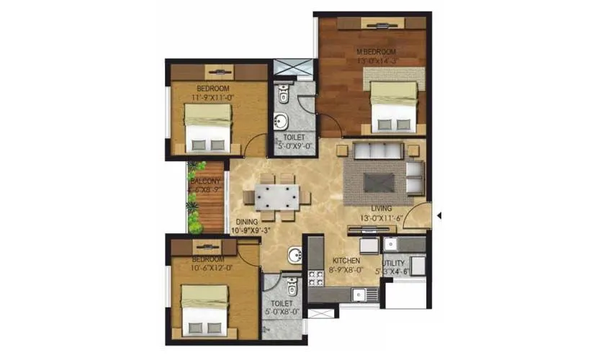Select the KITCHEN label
tap(346, 259)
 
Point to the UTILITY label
tap(395, 264)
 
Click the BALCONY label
tap(205, 181)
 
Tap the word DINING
tap(247, 222)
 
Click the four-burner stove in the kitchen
tap(316, 277)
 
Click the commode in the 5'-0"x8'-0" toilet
tap(292, 287)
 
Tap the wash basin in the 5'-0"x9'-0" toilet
tap(283, 120)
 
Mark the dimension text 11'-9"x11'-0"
tap(211, 96)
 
